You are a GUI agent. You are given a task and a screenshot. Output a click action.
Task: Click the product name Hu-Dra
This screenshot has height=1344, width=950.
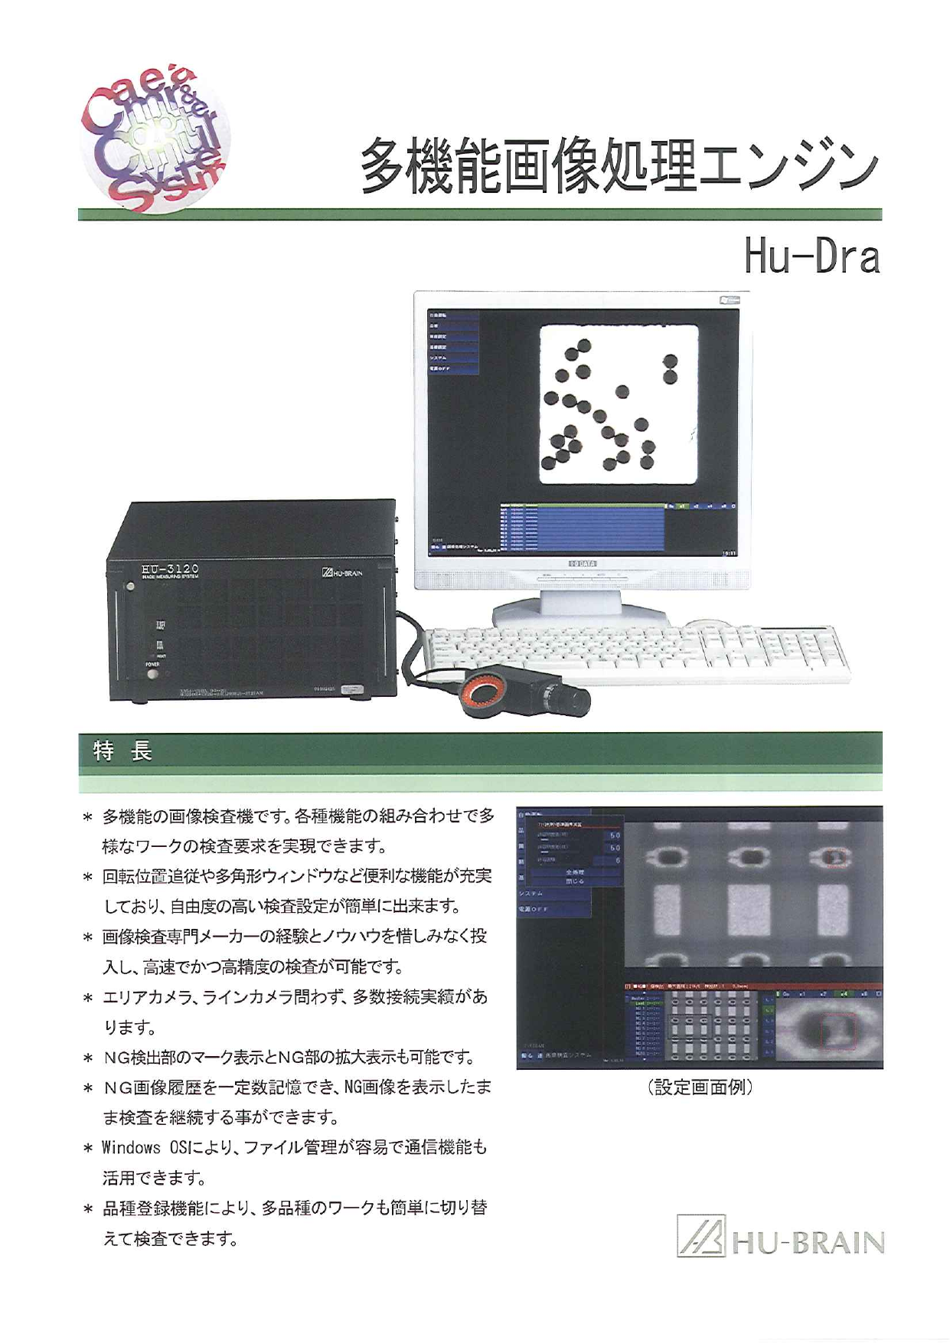811,258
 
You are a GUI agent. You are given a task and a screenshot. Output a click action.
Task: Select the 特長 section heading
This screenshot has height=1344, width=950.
122,751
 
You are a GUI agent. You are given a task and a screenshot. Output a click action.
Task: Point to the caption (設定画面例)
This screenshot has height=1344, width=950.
699,1087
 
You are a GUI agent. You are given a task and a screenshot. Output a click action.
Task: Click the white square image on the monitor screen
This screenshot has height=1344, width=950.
619,404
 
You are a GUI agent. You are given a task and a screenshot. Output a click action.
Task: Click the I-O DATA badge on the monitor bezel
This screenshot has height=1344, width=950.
583,562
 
